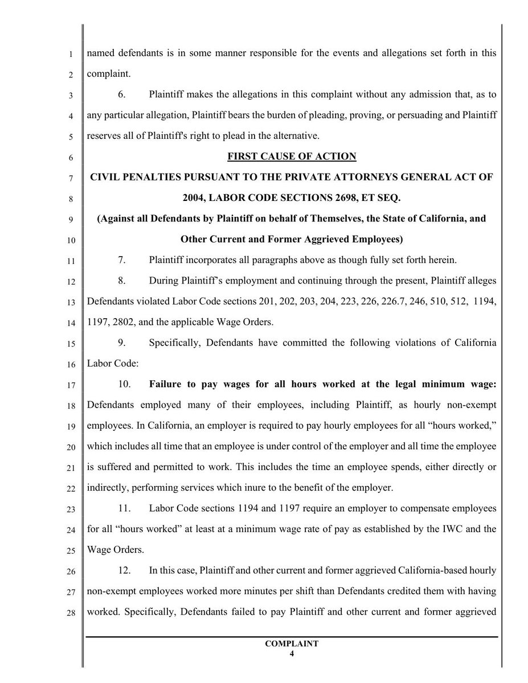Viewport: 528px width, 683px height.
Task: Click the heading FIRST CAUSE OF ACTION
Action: (292, 157)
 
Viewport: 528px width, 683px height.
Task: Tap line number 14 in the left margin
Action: (70, 323)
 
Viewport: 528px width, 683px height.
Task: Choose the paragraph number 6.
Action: (122, 94)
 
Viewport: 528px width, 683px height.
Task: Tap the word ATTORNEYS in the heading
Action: (339, 177)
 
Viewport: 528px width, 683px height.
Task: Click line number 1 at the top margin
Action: (70, 55)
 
